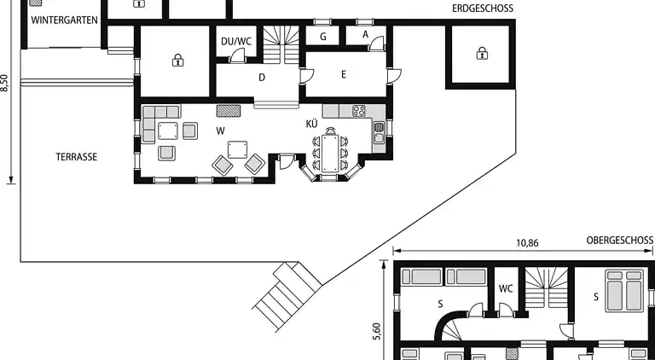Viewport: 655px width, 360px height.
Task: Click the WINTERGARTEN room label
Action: pos(64,20)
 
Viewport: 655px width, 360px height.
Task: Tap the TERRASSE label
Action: pos(77,157)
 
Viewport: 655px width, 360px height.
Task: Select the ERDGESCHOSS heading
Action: pos(483,9)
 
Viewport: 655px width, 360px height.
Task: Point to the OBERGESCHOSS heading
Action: pos(619,240)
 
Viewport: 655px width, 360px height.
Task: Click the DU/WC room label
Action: pos(236,41)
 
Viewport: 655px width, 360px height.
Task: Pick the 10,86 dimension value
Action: pos(528,243)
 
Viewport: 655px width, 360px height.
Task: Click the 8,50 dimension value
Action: pos(4,83)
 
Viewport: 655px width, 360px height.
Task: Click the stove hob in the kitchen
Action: pos(359,111)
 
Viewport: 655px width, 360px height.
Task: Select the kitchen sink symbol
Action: pos(379,132)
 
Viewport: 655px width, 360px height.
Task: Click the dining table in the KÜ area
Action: pos(330,153)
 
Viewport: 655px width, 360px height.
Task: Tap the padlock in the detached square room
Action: pos(482,54)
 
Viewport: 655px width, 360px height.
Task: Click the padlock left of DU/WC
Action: pos(177,61)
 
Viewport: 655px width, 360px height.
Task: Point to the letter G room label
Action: pos(323,37)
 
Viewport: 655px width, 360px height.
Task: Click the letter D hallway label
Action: pos(262,78)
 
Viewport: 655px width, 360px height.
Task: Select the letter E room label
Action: pos(344,75)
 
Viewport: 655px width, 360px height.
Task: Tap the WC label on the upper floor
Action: pos(506,288)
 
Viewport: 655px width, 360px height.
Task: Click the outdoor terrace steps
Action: pos(287,296)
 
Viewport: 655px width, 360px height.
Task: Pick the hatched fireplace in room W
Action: pos(229,111)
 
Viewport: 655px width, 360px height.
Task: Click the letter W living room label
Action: pos(221,131)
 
